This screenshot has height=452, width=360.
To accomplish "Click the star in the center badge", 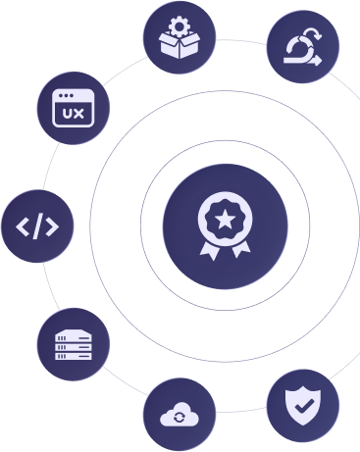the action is (225, 218).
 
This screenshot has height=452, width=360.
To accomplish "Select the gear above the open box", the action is (180, 24).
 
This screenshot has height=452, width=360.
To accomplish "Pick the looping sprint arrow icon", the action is (302, 46).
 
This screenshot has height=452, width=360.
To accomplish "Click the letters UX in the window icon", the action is (73, 114).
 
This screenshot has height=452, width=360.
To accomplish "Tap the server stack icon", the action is (74, 344).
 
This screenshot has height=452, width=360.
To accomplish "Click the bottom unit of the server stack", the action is (74, 355).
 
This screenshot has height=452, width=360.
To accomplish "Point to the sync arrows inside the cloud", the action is (180, 418).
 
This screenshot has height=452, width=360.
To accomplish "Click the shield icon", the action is (302, 402).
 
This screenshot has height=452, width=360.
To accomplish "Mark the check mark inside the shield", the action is (302, 402).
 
